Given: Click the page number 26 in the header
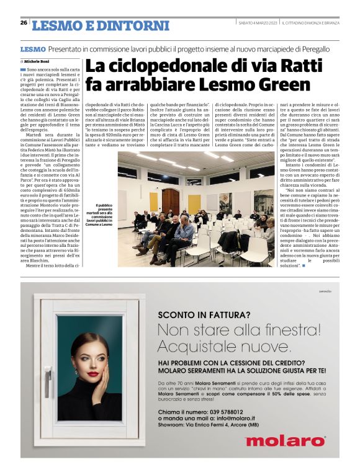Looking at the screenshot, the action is [24, 23].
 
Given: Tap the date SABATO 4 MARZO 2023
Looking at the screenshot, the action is [258, 23].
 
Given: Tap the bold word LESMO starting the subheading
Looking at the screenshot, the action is [32, 48].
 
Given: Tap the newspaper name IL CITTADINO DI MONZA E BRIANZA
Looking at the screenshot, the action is [310, 23].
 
